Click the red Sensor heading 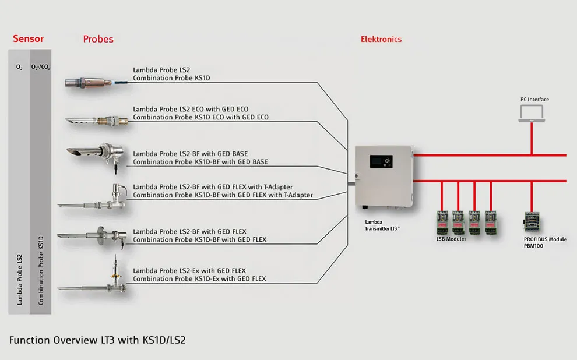coord(29,38)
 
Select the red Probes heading coord(98,39)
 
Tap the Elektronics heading coord(381,39)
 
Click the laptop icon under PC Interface coord(532,113)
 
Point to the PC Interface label coord(534,99)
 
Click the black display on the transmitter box coord(381,161)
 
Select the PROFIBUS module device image coord(531,222)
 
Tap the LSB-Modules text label coord(451,239)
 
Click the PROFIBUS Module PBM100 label coord(545,242)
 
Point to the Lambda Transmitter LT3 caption coord(382,225)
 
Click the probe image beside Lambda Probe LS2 coord(96,82)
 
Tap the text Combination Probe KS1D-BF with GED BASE coord(200,162)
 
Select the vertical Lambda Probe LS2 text coord(19,280)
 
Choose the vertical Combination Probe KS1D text coord(41,270)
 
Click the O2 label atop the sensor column coord(19,68)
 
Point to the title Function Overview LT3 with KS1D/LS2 coord(97,340)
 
